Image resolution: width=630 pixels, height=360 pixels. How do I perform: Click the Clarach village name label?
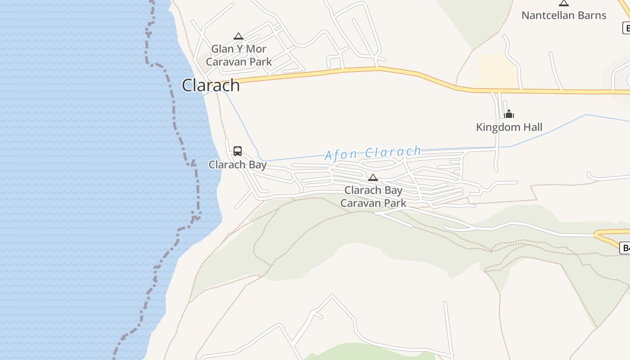(x=211, y=85)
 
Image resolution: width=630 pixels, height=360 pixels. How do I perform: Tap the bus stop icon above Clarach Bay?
(x=238, y=151)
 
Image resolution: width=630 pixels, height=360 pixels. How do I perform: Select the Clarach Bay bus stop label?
(x=238, y=165)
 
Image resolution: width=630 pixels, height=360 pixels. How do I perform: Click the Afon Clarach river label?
(x=373, y=153)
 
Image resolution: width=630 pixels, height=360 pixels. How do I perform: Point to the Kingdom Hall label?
(x=509, y=127)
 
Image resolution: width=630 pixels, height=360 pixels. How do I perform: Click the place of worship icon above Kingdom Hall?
(x=509, y=114)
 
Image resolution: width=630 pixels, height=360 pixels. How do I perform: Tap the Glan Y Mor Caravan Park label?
(x=239, y=55)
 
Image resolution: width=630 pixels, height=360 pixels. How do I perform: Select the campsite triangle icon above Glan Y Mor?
(x=238, y=36)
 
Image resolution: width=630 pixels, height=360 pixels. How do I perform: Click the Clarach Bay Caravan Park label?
(x=373, y=197)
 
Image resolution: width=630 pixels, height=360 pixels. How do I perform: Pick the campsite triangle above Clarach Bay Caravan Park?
(x=373, y=177)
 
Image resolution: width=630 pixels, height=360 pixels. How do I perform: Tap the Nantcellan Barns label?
(x=564, y=15)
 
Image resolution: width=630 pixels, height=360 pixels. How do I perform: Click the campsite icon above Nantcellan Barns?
(x=564, y=3)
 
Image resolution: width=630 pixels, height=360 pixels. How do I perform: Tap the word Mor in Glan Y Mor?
(x=256, y=49)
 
